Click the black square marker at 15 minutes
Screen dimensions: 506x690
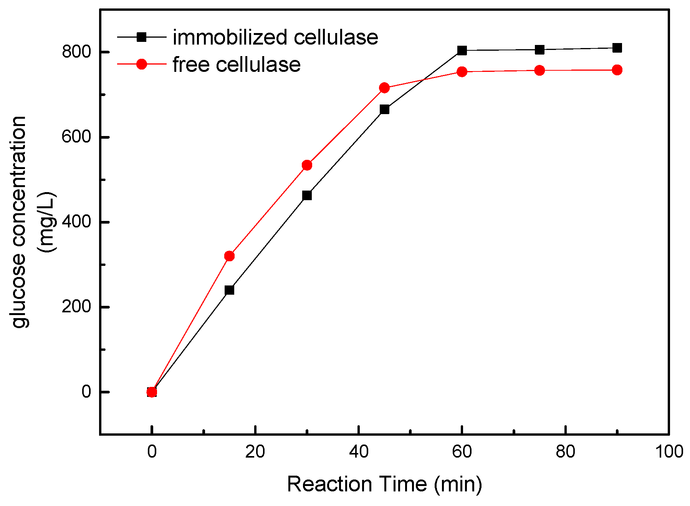[229, 290]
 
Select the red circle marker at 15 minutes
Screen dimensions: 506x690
[229, 256]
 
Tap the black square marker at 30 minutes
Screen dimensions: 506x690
[307, 196]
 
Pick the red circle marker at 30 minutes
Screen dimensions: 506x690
[307, 165]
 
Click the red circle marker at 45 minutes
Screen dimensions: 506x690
[384, 88]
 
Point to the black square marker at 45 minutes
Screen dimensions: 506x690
[384, 109]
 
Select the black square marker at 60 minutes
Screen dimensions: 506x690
[462, 50]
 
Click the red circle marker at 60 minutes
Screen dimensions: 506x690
[462, 72]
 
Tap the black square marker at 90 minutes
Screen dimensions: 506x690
[617, 48]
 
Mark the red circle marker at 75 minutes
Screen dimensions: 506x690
[539, 70]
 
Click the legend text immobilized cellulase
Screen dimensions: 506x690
[275, 37]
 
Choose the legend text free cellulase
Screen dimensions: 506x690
[237, 64]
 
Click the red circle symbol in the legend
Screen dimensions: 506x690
[142, 64]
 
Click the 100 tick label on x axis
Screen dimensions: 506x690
[669, 452]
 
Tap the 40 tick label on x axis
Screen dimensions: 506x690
[359, 452]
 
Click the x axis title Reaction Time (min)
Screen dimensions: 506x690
[384, 484]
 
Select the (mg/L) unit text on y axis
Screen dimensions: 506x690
[47, 222]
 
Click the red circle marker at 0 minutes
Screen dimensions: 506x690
[152, 392]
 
